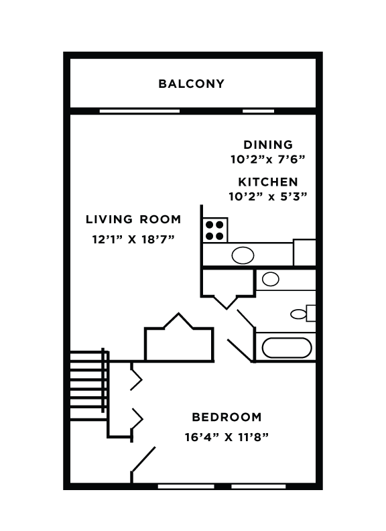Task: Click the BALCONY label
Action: point(191,84)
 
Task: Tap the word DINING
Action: point(267,145)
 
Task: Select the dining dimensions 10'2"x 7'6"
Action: point(267,160)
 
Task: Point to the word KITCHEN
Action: point(268,182)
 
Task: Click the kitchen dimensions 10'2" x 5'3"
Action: point(267,196)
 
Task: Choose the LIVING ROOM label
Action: point(133,219)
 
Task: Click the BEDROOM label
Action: point(227,416)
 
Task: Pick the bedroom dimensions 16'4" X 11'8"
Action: point(227,437)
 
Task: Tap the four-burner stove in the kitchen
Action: point(215,230)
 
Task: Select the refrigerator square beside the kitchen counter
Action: point(304,253)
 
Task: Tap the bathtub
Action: point(286,348)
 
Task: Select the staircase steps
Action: point(87,381)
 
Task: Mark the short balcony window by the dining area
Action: point(258,111)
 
